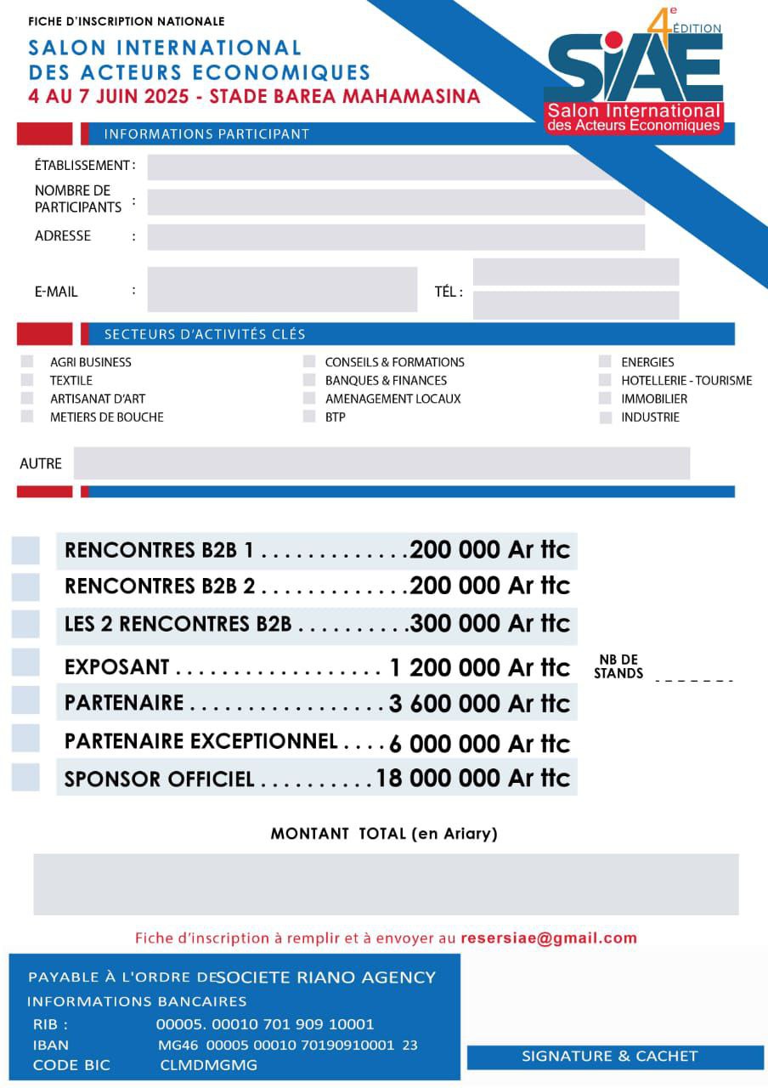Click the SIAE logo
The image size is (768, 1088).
(634, 82)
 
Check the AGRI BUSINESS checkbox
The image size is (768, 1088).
(27, 361)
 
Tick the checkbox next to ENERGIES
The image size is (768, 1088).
(605, 361)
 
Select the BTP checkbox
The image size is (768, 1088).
(309, 416)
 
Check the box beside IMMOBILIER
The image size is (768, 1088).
(605, 399)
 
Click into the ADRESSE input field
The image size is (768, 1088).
(396, 237)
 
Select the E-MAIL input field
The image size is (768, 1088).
(282, 290)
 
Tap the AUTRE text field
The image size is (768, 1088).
(381, 463)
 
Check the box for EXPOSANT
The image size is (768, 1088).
(25, 663)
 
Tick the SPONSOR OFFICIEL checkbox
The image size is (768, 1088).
(25, 777)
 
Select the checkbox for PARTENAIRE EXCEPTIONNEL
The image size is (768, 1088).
(25, 739)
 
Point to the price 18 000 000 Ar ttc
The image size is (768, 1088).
(472, 778)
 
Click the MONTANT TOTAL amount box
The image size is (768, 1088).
(386, 884)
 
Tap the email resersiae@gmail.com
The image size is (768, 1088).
(549, 938)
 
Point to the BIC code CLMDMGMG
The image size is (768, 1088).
(208, 1065)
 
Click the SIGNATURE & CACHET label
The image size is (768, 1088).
(609, 1057)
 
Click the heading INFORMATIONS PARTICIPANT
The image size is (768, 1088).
(206, 134)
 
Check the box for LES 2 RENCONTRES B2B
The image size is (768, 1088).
(25, 624)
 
